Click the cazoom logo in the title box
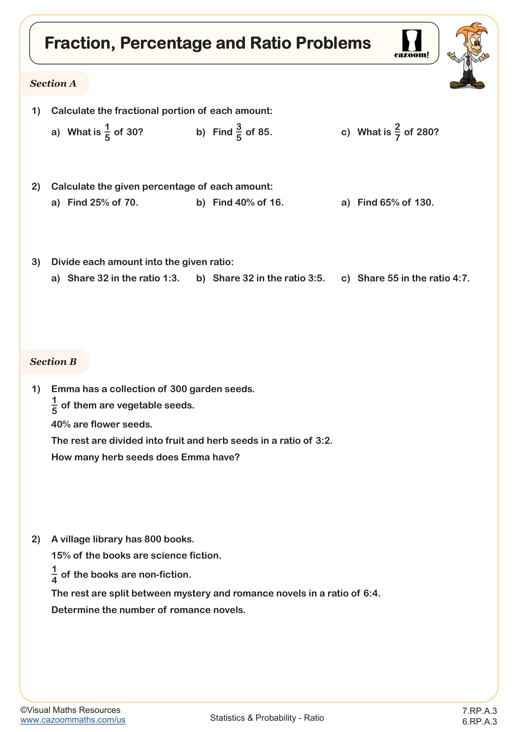412,44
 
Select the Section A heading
53,84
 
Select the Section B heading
53,361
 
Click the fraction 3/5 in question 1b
239,132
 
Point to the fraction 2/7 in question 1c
397,132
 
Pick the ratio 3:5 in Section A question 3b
315,278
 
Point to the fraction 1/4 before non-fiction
54,575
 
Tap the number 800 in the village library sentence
153,539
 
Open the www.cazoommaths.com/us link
73,720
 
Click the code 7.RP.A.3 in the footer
479,711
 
